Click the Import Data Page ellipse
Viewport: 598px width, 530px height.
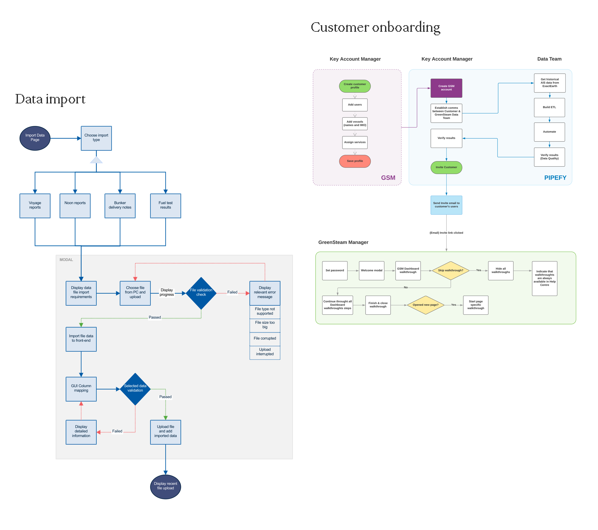[x=35, y=138]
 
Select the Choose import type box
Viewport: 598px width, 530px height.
[x=96, y=138]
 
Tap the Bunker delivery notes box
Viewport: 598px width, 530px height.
[x=120, y=205]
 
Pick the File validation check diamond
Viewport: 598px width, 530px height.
[x=201, y=293]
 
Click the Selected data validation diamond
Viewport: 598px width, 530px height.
[x=135, y=389]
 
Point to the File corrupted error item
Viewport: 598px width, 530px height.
[x=265, y=339]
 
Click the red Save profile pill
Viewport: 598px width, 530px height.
[x=355, y=161]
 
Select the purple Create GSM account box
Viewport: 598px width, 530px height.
[x=446, y=88]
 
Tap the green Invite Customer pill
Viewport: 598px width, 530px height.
[x=446, y=168]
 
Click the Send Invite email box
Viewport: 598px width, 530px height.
[x=446, y=205]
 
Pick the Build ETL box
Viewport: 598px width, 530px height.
[x=549, y=107]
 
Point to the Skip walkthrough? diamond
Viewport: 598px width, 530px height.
[x=451, y=271]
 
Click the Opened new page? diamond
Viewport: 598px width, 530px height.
[x=425, y=305]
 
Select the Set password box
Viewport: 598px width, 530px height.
[x=335, y=271]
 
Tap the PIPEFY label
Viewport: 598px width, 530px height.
[x=555, y=178]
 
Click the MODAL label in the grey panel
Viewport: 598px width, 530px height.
[x=66, y=259]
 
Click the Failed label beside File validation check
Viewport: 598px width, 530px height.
[x=232, y=292]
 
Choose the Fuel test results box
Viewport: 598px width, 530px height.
[x=165, y=205]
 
